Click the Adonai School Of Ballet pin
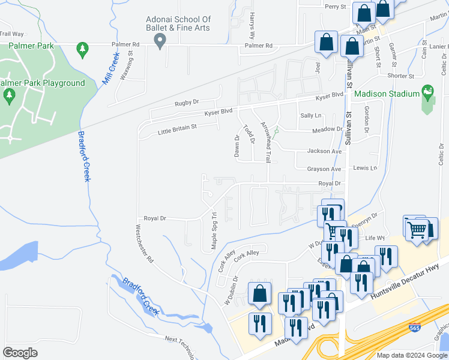click(160, 41)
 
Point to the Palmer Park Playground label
click(42, 83)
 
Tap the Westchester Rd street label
click(145, 244)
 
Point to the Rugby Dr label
click(186, 103)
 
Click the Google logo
click(20, 353)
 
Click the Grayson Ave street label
click(324, 169)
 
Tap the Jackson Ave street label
click(324, 151)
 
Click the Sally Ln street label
click(311, 115)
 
